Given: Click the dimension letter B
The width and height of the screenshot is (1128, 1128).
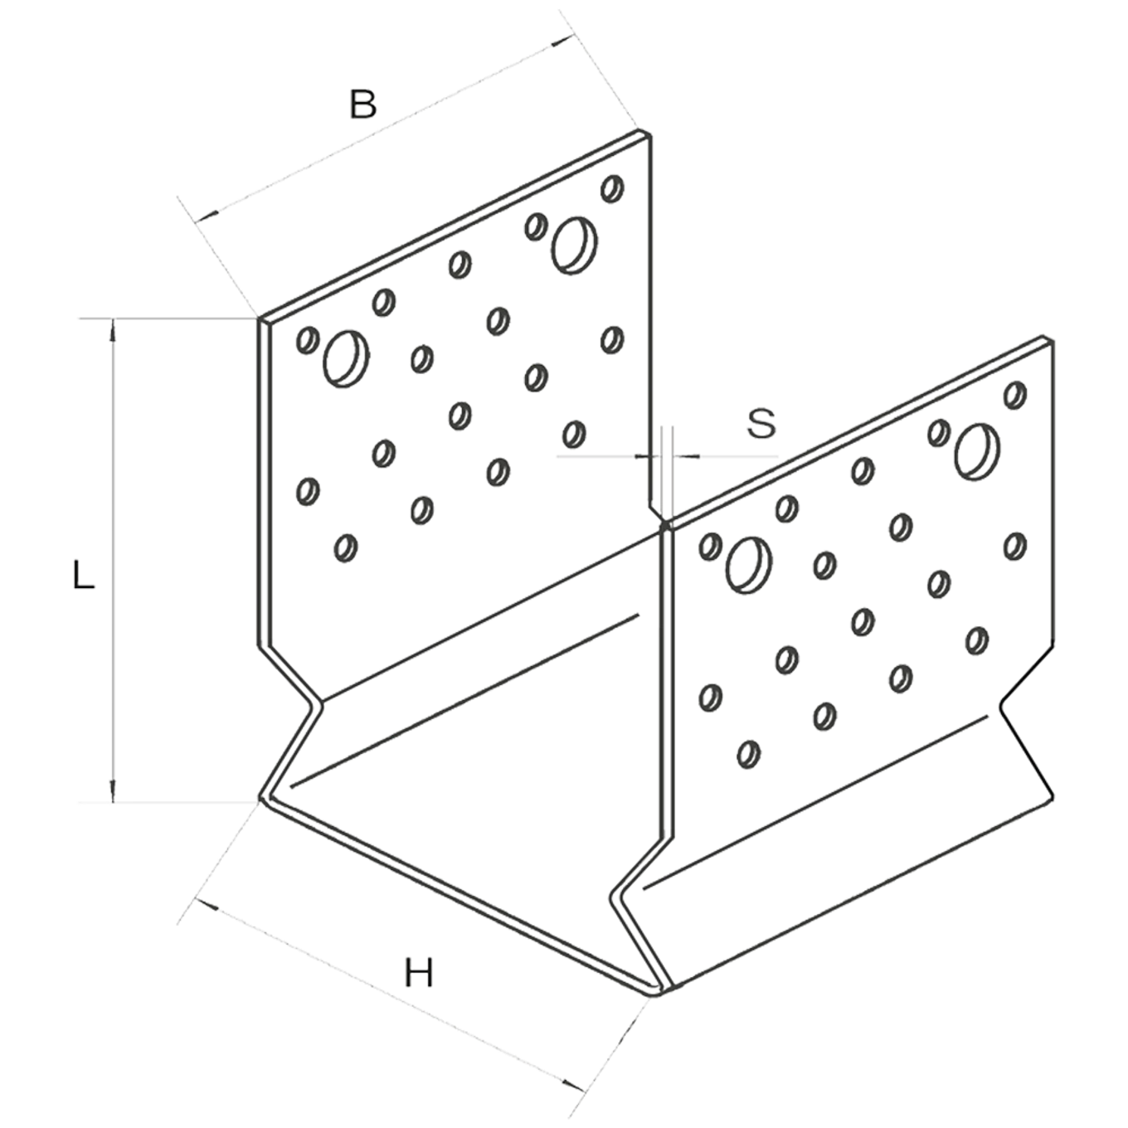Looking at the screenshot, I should [x=362, y=105].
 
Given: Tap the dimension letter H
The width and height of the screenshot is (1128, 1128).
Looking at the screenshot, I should [x=421, y=972].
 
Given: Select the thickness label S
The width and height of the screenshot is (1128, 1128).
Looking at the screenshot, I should [x=761, y=423].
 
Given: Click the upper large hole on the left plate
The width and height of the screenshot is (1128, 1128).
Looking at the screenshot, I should [x=575, y=244].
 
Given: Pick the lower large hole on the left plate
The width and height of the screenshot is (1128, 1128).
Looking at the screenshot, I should [x=345, y=358].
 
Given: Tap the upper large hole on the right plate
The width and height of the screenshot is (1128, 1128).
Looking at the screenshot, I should [x=977, y=451].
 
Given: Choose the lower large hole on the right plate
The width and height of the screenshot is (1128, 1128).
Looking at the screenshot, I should [x=748, y=564].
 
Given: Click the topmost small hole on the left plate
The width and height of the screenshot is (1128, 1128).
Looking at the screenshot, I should [x=613, y=187].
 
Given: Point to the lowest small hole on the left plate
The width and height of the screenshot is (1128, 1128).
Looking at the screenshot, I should [x=346, y=547].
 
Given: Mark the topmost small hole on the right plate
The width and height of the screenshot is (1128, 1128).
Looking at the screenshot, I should [x=1015, y=394].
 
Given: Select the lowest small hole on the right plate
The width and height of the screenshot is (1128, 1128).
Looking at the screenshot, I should [x=747, y=754].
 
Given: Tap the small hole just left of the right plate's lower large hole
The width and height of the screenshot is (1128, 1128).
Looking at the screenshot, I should [x=709, y=546].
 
